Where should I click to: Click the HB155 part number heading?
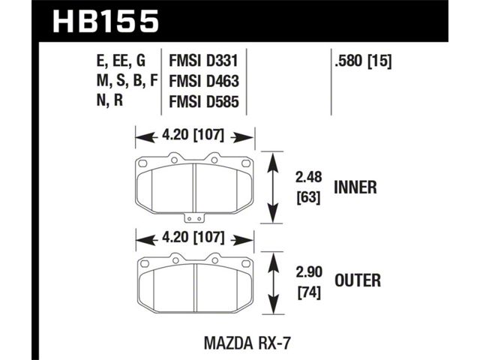[106, 21]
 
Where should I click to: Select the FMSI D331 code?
[203, 61]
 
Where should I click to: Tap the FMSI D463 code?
[204, 81]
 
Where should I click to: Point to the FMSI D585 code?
[204, 101]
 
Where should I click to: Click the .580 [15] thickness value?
[363, 61]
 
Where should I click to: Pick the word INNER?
[355, 187]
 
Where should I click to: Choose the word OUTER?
[358, 280]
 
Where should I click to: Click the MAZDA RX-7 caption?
[247, 343]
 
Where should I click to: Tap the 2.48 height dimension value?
[308, 177]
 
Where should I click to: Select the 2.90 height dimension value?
[309, 272]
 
